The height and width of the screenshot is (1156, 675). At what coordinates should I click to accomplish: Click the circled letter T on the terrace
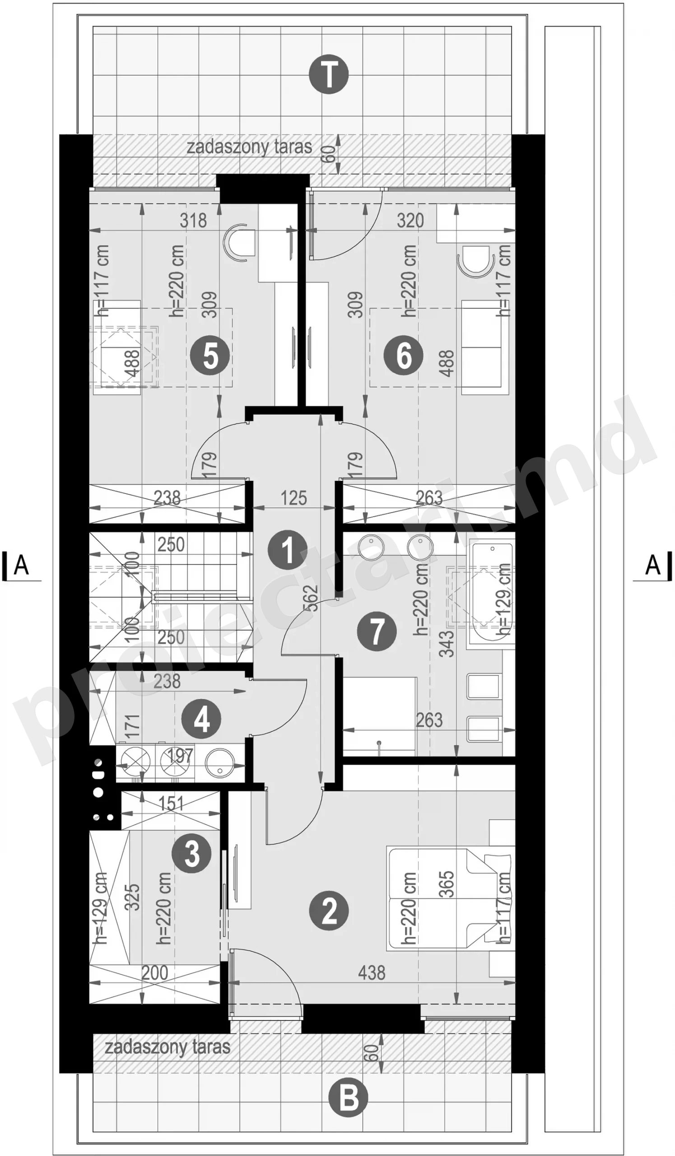(329, 75)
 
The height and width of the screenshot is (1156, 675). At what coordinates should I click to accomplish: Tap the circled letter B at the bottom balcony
(349, 1098)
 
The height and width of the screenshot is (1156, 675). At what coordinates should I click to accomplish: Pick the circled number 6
(404, 355)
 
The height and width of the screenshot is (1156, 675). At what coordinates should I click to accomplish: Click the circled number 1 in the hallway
(288, 550)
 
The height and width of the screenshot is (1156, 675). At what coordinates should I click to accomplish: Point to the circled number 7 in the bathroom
(377, 632)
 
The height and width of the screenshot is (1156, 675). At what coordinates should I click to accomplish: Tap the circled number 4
(201, 719)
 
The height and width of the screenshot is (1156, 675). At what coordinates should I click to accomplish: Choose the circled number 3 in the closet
(192, 854)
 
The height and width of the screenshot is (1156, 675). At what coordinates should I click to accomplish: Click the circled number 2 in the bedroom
(329, 911)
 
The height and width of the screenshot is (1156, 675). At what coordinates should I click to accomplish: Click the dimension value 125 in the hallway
(293, 498)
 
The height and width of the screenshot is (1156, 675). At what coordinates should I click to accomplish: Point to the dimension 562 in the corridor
(311, 598)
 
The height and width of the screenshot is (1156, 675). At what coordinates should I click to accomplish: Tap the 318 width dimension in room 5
(193, 221)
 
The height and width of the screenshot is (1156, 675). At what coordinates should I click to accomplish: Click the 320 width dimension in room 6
(410, 221)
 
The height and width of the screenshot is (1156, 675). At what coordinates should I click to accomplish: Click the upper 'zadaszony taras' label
(249, 147)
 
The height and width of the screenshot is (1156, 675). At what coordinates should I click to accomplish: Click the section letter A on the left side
(21, 565)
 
